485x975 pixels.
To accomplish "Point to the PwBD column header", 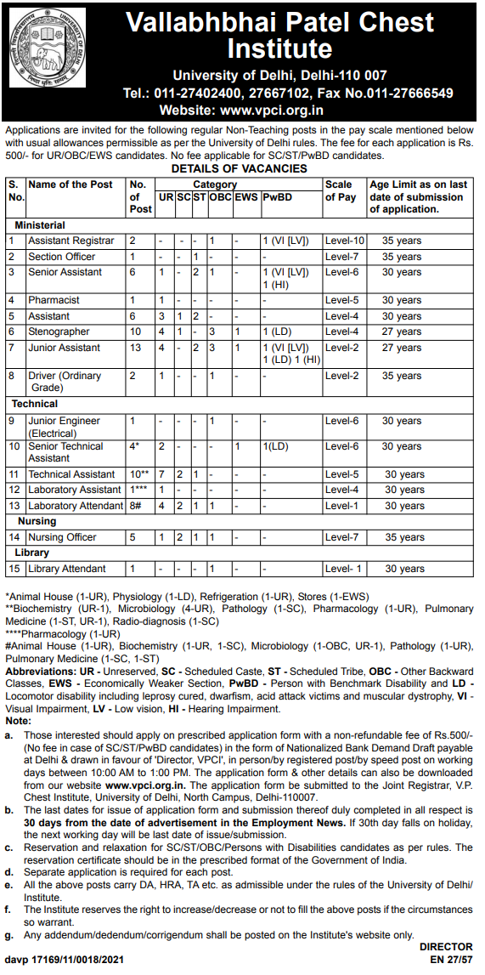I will [x=276, y=197].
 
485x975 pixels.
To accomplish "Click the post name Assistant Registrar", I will [x=70, y=241].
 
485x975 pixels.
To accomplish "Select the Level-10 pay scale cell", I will [x=344, y=241].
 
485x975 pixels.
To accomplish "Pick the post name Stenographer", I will [x=59, y=332].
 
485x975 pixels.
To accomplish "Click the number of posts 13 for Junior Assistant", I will [x=134, y=348].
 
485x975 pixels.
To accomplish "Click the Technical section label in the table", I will [x=35, y=404].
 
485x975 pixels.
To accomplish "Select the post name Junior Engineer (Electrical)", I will [x=64, y=426].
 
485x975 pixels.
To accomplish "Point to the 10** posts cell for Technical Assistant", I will [x=138, y=474].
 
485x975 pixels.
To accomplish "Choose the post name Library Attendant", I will [x=67, y=569].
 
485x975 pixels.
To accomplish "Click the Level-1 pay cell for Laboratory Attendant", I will [x=342, y=506].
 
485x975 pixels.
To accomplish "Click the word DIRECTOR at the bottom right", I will [x=445, y=946].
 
